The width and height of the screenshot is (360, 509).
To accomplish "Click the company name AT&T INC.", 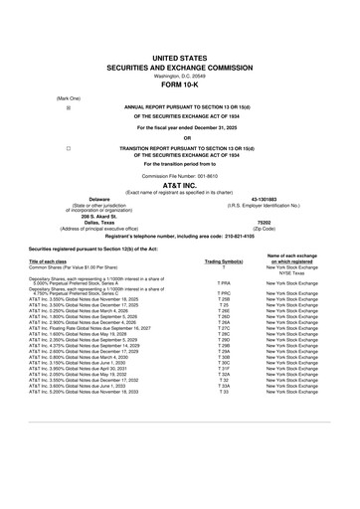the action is pos(180,186).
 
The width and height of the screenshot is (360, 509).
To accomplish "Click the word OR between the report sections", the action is pos(180,136).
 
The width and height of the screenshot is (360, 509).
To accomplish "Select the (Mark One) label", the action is pos(42,96).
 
